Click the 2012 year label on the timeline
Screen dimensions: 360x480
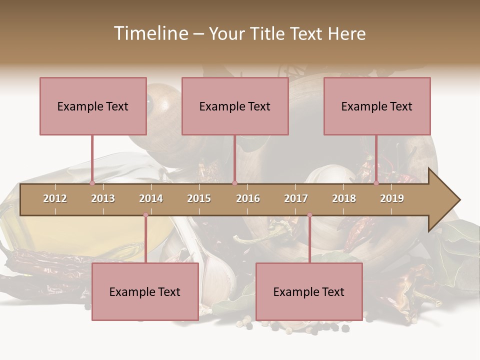click(x=55, y=198)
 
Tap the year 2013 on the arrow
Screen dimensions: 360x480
click(x=103, y=198)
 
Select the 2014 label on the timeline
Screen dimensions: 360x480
click(x=151, y=198)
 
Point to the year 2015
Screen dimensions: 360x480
click(x=199, y=198)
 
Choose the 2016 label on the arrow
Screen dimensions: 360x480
click(x=248, y=198)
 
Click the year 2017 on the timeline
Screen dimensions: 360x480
click(x=296, y=198)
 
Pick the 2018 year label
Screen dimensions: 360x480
click(x=344, y=198)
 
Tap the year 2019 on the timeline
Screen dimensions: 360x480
click(x=392, y=198)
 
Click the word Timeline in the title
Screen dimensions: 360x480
click(x=150, y=33)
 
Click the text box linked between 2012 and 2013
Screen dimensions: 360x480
click(x=93, y=106)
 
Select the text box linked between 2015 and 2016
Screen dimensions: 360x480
click(x=235, y=106)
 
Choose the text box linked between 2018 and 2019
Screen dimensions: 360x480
click(x=377, y=106)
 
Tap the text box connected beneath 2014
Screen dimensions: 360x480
click(x=145, y=291)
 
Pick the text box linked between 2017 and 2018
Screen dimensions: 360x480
click(x=309, y=291)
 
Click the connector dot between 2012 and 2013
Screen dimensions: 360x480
click(x=92, y=183)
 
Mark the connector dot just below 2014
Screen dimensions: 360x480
click(x=145, y=215)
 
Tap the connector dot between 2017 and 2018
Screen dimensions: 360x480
click(x=309, y=215)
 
